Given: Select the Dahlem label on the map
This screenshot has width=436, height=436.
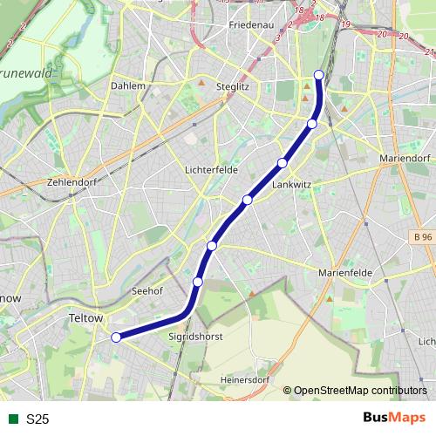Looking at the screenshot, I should [x=128, y=86].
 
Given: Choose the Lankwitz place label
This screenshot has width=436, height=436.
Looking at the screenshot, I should [x=291, y=185].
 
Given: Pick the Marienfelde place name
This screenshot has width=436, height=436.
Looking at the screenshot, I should [x=345, y=272].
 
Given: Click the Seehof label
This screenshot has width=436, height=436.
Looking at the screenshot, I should [x=146, y=290].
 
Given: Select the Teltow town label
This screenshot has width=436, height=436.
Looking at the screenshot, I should [x=85, y=319].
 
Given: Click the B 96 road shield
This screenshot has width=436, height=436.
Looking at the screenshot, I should [x=423, y=237].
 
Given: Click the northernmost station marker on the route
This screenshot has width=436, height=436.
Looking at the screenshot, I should [x=319, y=75].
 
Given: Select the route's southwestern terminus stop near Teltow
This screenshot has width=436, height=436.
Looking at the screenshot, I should [x=116, y=337].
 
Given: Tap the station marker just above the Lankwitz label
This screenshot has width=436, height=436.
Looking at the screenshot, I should [x=283, y=163].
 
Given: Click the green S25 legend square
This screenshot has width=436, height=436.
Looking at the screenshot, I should [x=12, y=419].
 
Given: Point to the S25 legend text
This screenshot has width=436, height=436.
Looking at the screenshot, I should [x=37, y=419].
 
